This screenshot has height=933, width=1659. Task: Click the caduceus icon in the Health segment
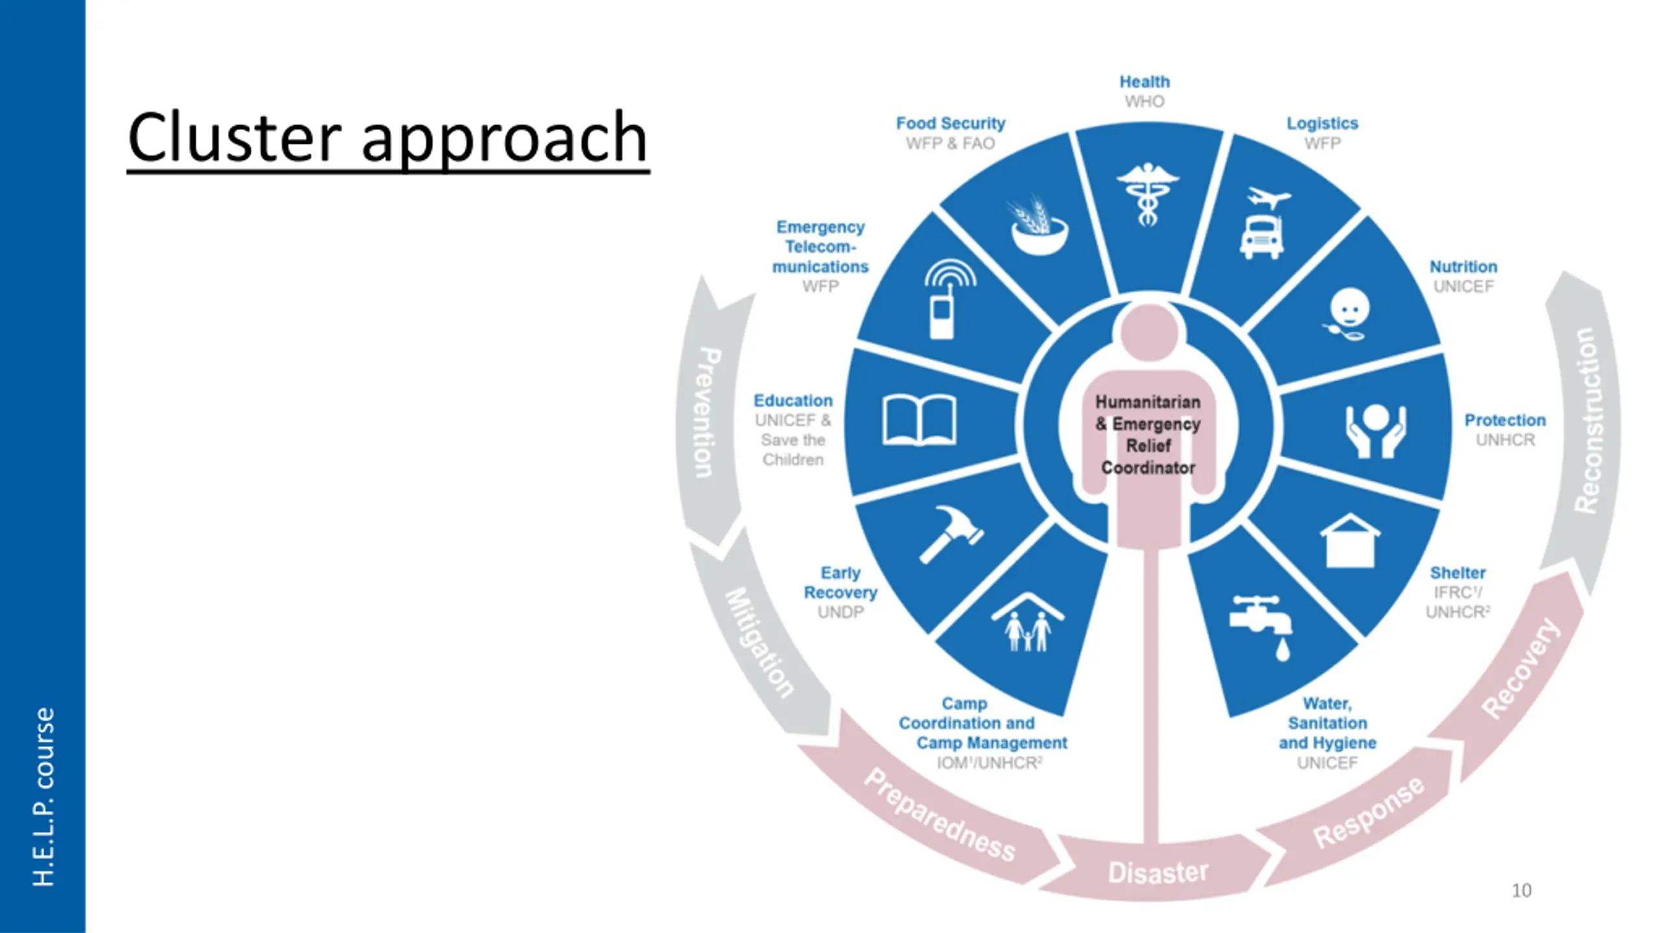[x=1146, y=194]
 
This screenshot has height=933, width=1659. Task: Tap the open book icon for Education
[x=919, y=420]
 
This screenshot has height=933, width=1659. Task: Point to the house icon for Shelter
[x=1350, y=541]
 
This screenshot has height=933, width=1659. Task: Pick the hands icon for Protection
[x=1376, y=431]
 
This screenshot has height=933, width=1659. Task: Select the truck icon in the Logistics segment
[x=1260, y=237]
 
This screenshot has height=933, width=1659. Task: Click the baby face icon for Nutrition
[x=1348, y=314]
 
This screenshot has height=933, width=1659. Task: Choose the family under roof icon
[x=1028, y=622]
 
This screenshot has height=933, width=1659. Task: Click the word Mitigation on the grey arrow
[x=759, y=642]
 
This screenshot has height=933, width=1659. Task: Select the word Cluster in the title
[x=233, y=137]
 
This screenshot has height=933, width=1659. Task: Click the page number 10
[x=1521, y=891]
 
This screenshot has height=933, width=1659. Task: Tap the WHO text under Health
[x=1144, y=102]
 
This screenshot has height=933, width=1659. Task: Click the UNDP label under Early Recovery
[x=840, y=612]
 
